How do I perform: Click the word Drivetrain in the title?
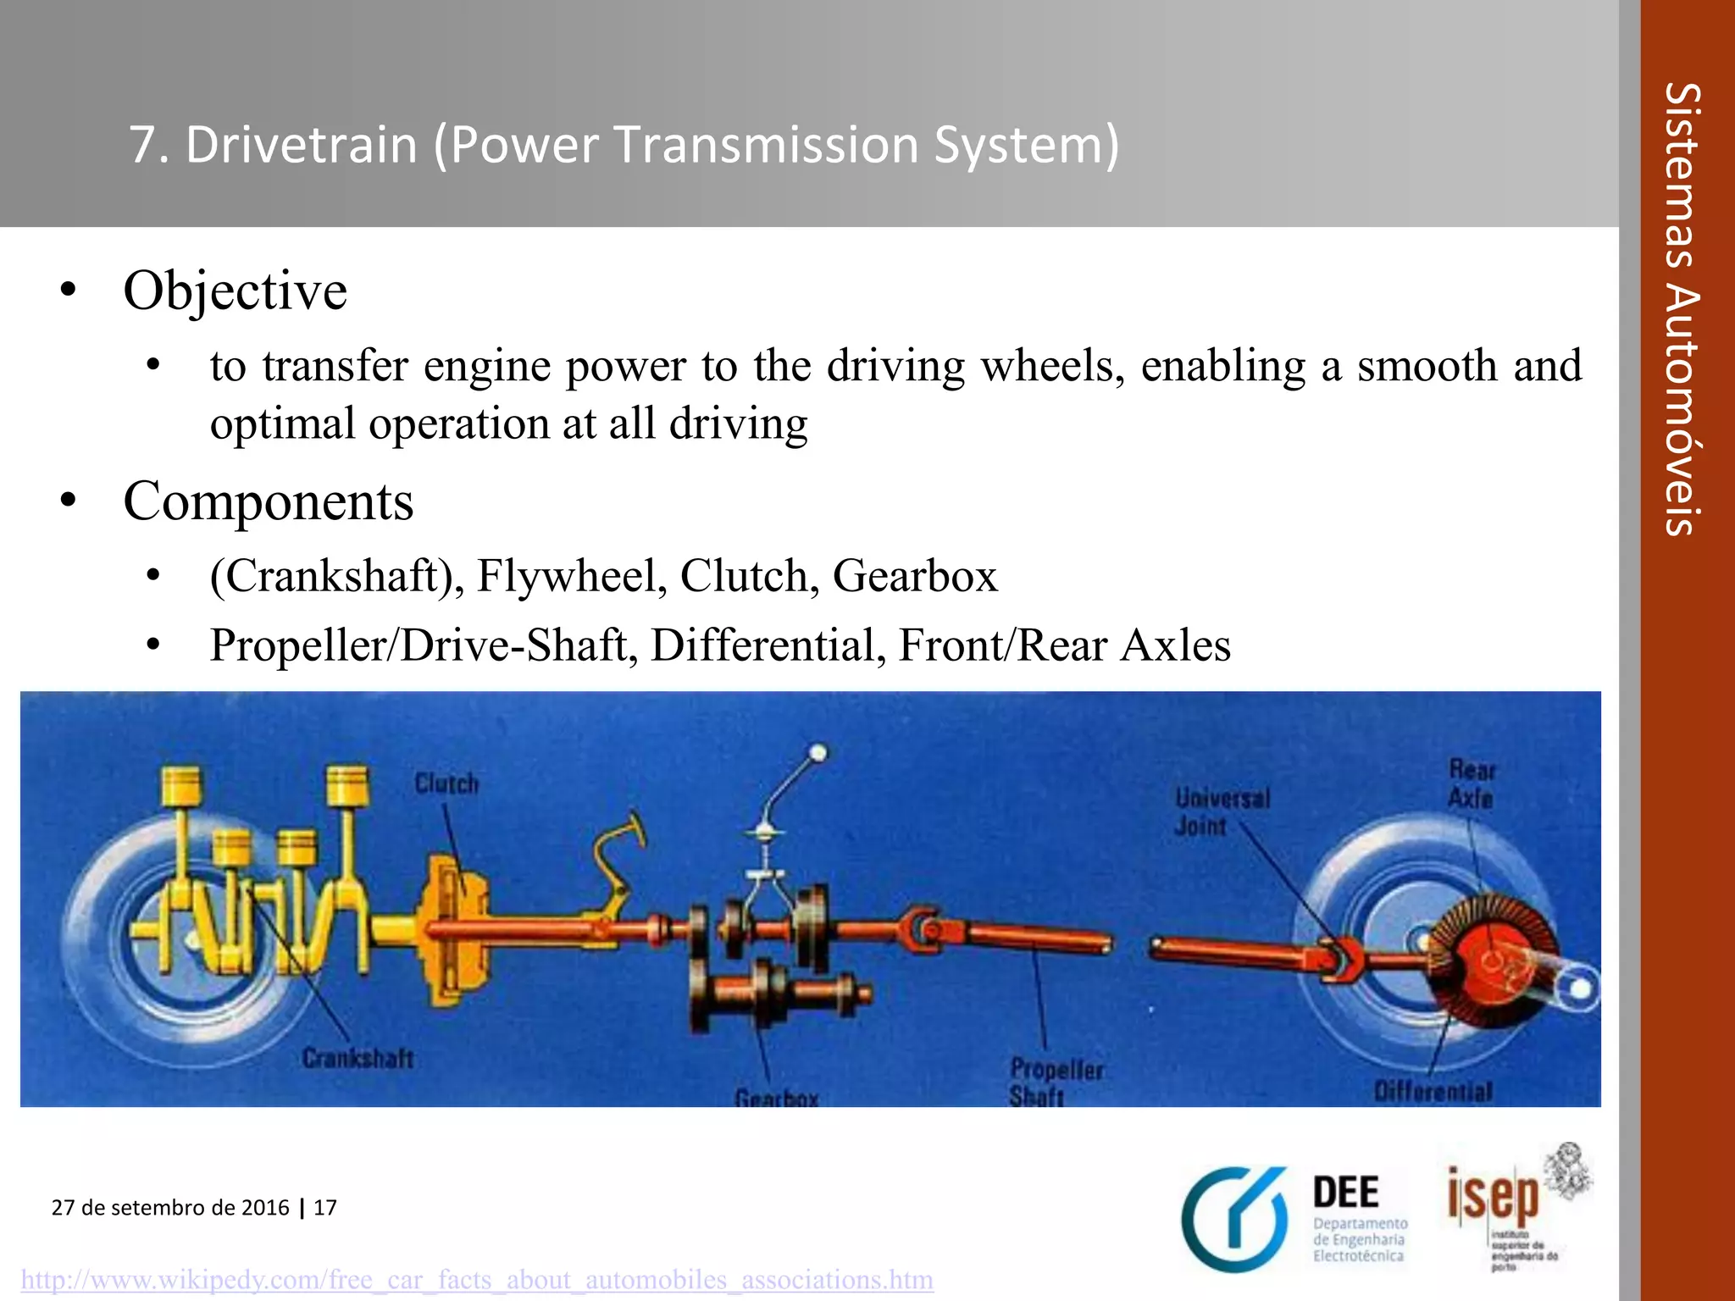coord(301,145)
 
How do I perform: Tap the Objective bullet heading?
coord(235,291)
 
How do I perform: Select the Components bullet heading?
coord(268,501)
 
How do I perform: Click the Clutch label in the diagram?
coord(446,783)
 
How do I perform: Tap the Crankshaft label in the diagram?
coord(358,1059)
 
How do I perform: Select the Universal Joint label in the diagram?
coord(1221,811)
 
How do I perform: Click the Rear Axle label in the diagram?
coord(1472,783)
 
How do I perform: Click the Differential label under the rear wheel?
coord(1433,1091)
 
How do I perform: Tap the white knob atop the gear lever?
coord(818,752)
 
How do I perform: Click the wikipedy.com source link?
coord(477,1279)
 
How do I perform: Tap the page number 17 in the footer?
coord(325,1207)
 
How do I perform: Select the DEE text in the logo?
coord(1346,1193)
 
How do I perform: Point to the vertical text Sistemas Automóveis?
coord(1682,309)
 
